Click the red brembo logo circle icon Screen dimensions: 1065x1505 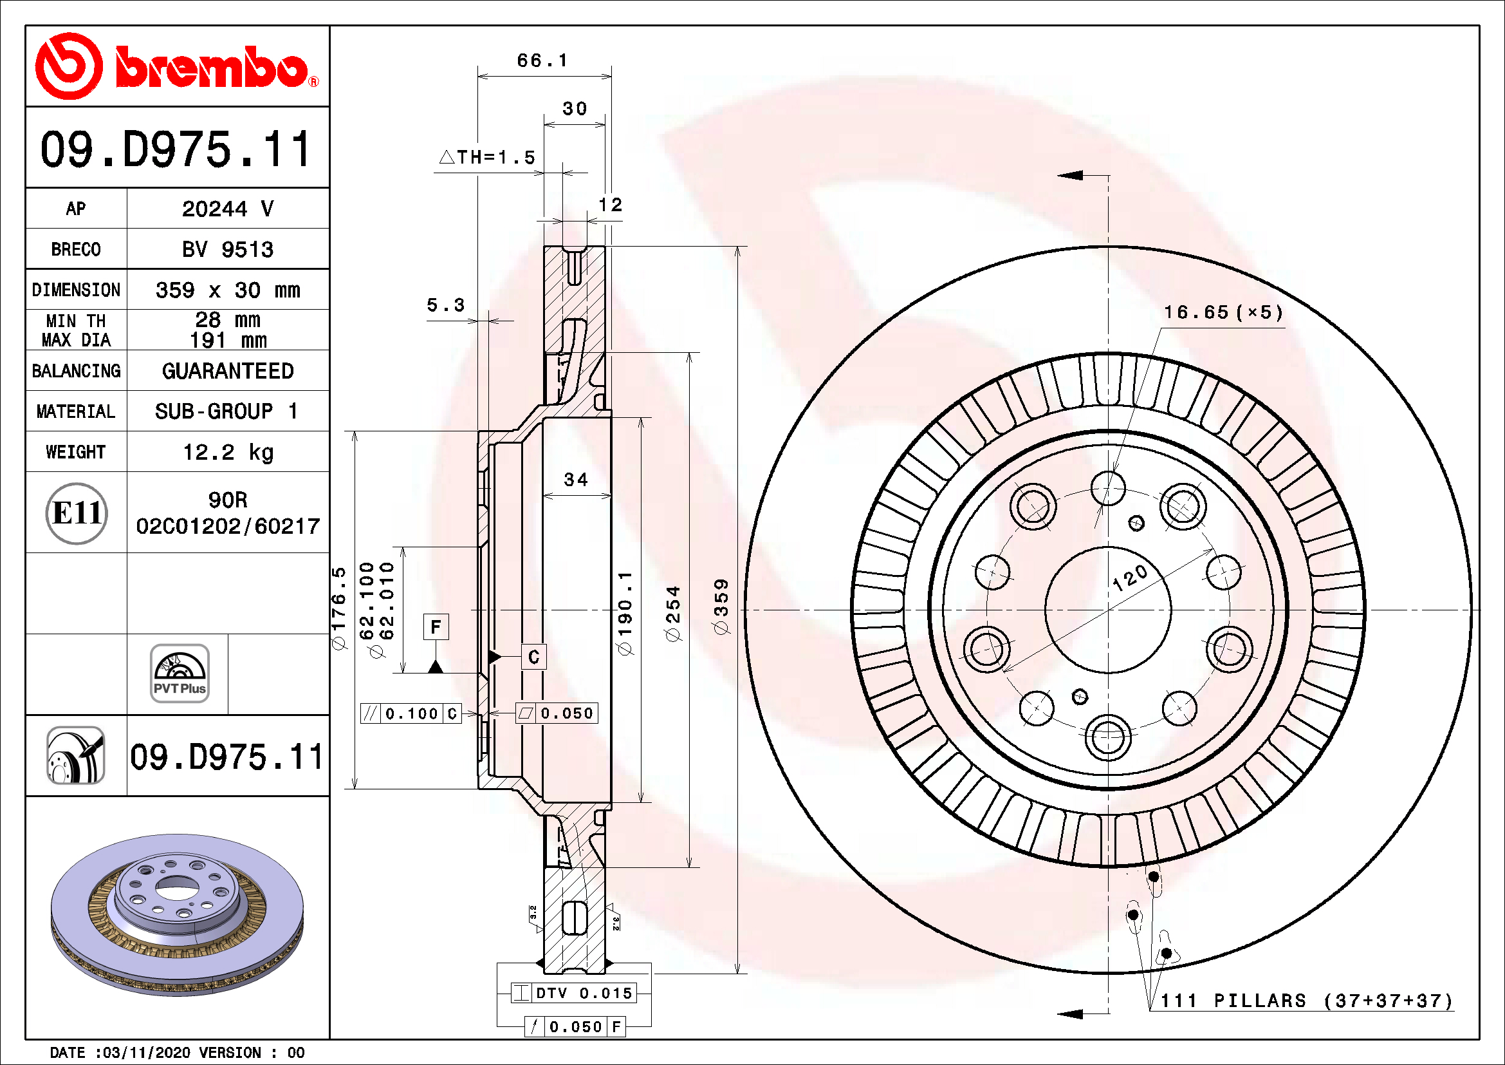pyautogui.click(x=69, y=66)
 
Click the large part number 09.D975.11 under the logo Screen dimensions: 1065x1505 pyautogui.click(x=176, y=149)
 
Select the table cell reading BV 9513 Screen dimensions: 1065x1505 pyautogui.click(x=227, y=249)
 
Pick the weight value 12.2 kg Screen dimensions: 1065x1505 pyautogui.click(x=227, y=452)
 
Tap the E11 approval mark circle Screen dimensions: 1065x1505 pyautogui.click(x=77, y=513)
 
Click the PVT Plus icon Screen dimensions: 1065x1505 pyautogui.click(x=179, y=674)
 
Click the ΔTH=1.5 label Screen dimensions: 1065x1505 pyautogui.click(x=487, y=157)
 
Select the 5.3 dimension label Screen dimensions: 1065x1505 pyautogui.click(x=445, y=305)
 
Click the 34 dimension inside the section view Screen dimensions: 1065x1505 pyautogui.click(x=575, y=480)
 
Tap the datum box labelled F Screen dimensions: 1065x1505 pyautogui.click(x=436, y=627)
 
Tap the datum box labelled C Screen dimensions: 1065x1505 pyautogui.click(x=533, y=656)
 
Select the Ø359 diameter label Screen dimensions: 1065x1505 pyautogui.click(x=721, y=607)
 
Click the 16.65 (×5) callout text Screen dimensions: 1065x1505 pyautogui.click(x=1223, y=312)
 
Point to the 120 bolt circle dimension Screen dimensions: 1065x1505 pyautogui.click(x=1130, y=577)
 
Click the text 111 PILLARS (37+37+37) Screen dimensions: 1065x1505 pyautogui.click(x=1306, y=1001)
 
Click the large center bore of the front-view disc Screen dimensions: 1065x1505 pyautogui.click(x=1108, y=610)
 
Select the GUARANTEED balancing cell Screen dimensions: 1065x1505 pyautogui.click(x=227, y=371)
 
